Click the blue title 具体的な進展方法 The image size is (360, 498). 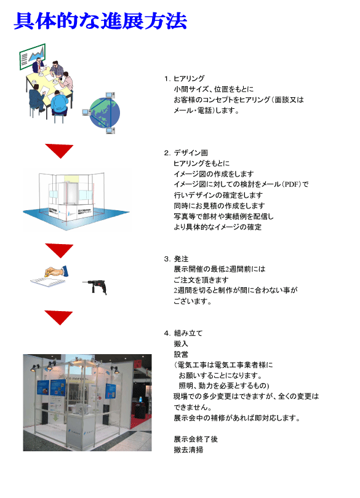click(x=100, y=21)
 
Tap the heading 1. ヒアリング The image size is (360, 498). click(x=185, y=79)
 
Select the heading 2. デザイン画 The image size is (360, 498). click(x=186, y=152)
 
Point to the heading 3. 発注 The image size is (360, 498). click(x=177, y=259)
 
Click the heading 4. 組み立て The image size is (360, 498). click(x=183, y=333)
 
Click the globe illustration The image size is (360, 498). click(x=105, y=113)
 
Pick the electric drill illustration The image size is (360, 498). click(x=95, y=287)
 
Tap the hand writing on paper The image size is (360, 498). click(x=50, y=276)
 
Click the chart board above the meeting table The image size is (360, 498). click(x=33, y=56)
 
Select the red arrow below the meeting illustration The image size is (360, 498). click(x=59, y=150)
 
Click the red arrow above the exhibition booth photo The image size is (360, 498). click(x=59, y=317)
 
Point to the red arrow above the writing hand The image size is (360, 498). click(x=59, y=250)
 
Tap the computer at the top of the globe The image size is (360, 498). click(x=110, y=95)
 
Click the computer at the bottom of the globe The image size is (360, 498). click(x=110, y=130)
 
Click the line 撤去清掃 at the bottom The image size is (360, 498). click(x=188, y=449)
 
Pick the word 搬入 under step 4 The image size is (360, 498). click(x=181, y=344)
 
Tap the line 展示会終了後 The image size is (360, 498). click(x=196, y=439)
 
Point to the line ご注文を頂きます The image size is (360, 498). click(x=201, y=280)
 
